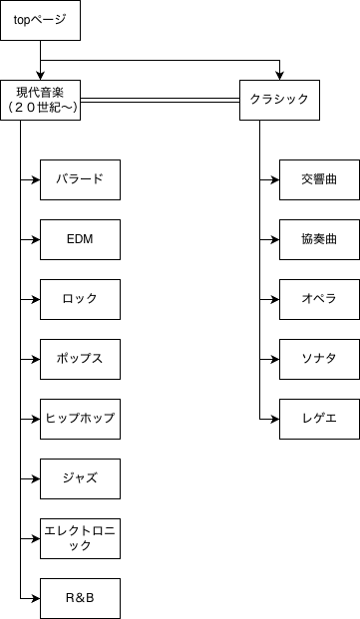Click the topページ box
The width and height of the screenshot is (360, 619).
40,20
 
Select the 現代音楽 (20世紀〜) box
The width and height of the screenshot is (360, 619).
40,100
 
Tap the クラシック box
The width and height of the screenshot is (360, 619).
279,100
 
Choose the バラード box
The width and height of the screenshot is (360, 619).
80,179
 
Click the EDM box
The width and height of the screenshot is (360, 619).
80,239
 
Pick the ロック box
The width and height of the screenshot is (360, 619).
80,299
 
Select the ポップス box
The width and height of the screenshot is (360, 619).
80,359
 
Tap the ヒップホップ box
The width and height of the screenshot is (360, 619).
80,419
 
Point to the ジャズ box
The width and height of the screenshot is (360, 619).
80,478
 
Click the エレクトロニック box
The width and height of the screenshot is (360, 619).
80,538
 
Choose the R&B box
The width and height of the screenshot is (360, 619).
80,598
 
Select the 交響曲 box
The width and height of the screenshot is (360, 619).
319,179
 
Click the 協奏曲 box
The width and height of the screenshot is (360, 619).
319,239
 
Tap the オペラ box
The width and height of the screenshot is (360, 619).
319,299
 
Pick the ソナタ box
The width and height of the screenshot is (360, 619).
319,359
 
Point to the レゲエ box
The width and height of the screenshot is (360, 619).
319,419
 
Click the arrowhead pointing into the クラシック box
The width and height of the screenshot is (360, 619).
279,76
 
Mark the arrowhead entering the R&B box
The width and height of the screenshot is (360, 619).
36,598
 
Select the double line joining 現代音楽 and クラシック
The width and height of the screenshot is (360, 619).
160,100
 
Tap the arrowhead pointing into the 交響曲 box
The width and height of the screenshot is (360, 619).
275,179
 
